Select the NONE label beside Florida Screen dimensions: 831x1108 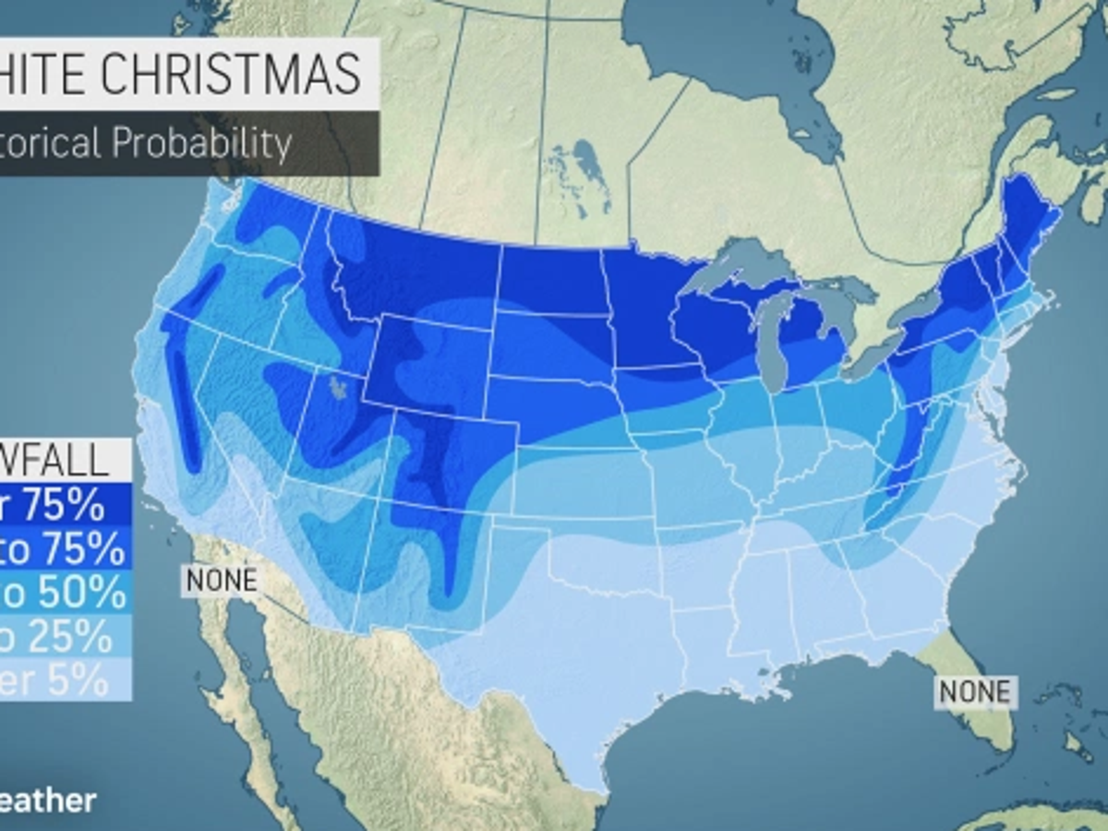click(975, 690)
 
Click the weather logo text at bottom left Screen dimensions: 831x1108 click(46, 800)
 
